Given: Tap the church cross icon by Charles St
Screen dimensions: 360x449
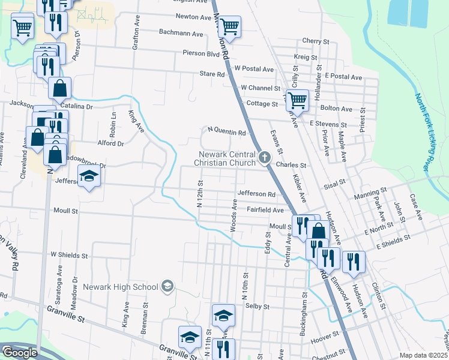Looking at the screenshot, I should click(x=265, y=159).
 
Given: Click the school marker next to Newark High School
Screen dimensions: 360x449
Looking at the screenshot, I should click(x=167, y=287).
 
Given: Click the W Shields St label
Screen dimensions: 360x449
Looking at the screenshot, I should click(x=70, y=255).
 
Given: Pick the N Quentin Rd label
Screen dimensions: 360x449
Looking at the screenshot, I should click(x=227, y=132).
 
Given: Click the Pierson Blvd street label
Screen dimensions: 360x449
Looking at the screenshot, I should click(x=201, y=53).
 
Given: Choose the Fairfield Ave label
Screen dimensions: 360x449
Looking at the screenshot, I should click(x=265, y=210).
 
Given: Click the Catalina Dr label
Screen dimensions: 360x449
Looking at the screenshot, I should click(x=77, y=106).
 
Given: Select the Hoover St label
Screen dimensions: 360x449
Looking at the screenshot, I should click(x=325, y=340).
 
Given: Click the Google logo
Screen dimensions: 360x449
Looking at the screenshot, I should click(x=19, y=353).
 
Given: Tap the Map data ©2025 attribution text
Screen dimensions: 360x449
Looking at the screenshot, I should click(x=423, y=355).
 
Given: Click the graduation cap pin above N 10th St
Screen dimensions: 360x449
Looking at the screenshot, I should click(x=223, y=315).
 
